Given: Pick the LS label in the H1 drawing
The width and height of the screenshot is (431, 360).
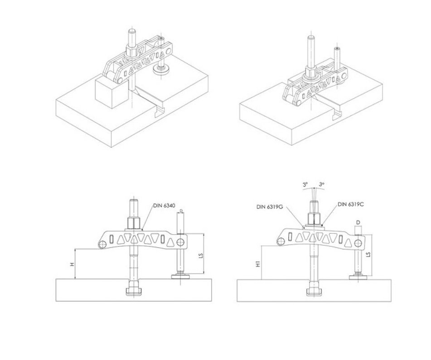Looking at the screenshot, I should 368,255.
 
